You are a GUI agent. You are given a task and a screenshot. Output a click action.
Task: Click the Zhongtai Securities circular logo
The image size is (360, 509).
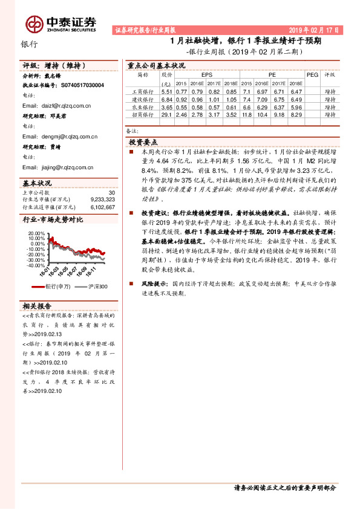coord(34,24)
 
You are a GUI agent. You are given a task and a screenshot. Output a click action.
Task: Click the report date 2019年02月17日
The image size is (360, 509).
coord(314,30)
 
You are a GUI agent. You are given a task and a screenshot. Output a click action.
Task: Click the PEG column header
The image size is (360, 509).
coord(312,75)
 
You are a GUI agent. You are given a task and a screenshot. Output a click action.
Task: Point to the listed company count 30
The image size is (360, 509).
coord(111,192)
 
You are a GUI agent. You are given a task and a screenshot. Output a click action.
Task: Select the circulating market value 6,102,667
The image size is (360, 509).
coord(102,205)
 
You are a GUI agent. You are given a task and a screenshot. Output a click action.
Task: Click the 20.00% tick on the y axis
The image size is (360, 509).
coord(36,233)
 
